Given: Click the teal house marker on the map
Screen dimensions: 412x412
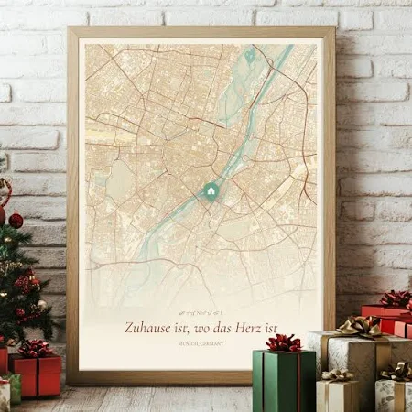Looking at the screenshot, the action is [x=210, y=191].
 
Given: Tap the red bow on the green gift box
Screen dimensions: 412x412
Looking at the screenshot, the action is [x=283, y=343].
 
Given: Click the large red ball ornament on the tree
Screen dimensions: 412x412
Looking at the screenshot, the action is [x=16, y=220].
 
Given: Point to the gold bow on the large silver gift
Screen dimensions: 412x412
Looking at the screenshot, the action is [x=359, y=326].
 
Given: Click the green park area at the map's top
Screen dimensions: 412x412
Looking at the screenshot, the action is [x=250, y=57].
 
